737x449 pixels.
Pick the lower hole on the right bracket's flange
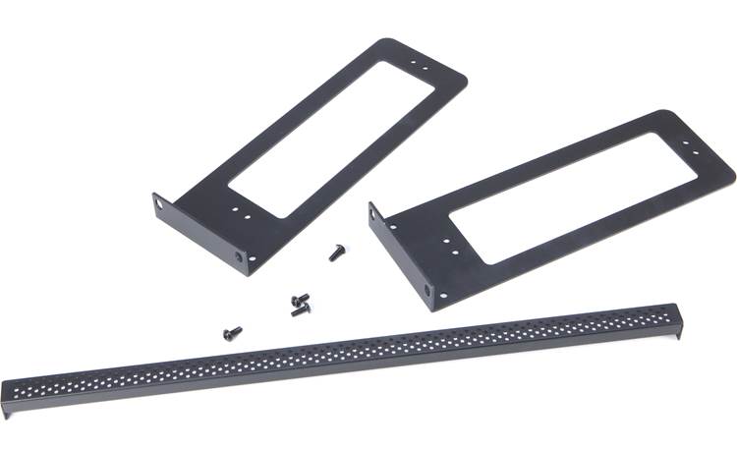pyautogui.click(x=428, y=290)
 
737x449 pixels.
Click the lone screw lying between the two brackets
pyautogui.click(x=335, y=253)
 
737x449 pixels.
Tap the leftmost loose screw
pyautogui.click(x=233, y=332)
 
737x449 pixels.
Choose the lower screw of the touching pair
pyautogui.click(x=298, y=311)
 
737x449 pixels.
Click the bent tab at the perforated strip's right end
pyautogui.click(x=673, y=316)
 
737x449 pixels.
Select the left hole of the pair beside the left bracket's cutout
pyautogui.click(x=234, y=208)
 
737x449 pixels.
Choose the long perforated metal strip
pyautogui.click(x=344, y=353)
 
